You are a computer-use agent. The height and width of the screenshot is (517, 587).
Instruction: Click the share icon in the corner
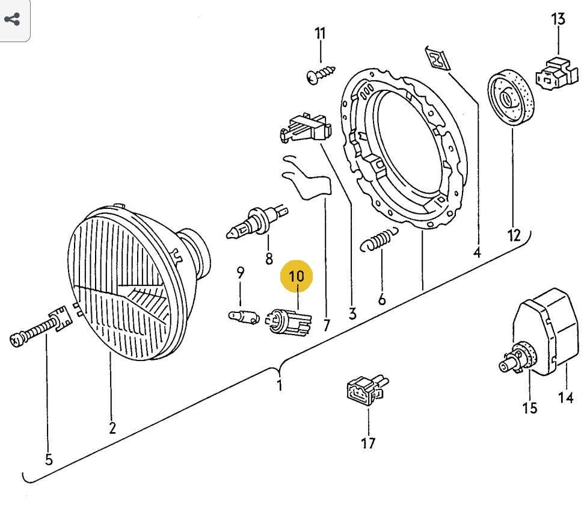pyautogui.click(x=12, y=19)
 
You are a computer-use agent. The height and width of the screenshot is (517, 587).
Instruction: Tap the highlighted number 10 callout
pyautogui.click(x=297, y=277)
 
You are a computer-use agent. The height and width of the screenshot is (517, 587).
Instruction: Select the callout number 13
pyautogui.click(x=558, y=19)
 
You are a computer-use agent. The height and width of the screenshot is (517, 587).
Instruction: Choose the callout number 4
pyautogui.click(x=477, y=252)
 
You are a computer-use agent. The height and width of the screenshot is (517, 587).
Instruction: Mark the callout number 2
pyautogui.click(x=112, y=428)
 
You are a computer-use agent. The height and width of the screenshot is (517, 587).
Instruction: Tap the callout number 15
pyautogui.click(x=529, y=408)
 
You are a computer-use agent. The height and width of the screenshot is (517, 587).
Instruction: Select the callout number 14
pyautogui.click(x=566, y=397)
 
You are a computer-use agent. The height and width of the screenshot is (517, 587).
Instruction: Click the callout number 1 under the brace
pyautogui.click(x=280, y=385)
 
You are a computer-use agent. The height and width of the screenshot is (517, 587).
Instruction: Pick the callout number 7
pyautogui.click(x=327, y=326)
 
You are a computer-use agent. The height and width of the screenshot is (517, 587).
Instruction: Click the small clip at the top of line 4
pyautogui.click(x=437, y=58)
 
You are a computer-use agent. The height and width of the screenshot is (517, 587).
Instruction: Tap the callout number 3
pyautogui.click(x=352, y=313)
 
